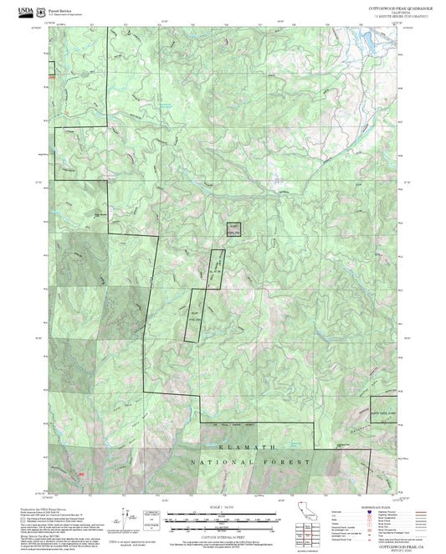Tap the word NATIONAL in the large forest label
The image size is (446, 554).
217,462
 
